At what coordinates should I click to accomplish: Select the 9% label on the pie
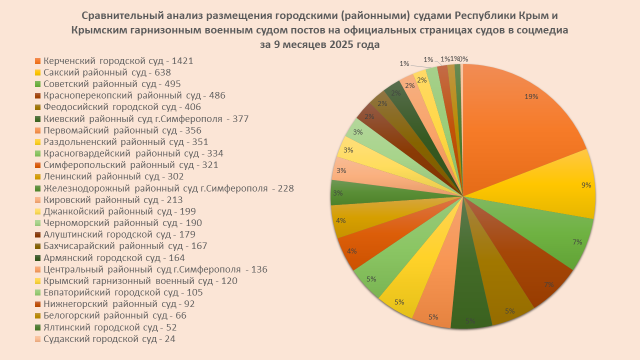586,185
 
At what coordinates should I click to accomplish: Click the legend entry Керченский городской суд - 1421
118,61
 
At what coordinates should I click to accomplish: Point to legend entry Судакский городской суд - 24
109,339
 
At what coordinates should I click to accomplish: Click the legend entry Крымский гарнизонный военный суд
140,281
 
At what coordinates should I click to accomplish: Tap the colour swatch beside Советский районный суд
37,84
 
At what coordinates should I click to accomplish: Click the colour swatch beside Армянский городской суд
37,258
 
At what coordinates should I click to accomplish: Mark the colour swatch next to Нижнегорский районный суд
37,304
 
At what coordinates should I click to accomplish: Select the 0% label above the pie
463,59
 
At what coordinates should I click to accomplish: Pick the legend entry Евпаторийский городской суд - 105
123,292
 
